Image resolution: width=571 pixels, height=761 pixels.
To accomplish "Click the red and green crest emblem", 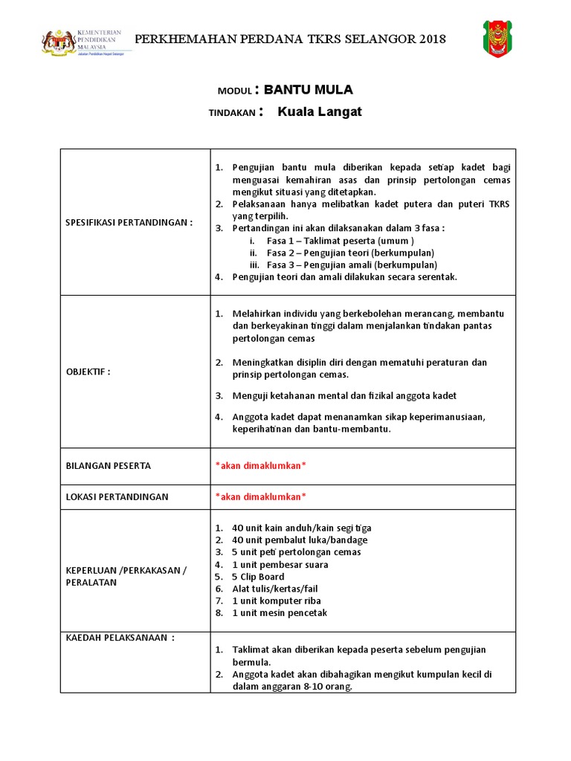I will click(497, 38).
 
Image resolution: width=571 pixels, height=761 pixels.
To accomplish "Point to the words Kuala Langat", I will click(320, 112).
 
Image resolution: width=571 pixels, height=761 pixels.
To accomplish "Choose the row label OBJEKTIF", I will click(88, 372).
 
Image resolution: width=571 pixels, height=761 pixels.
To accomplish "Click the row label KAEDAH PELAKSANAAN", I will click(120, 638).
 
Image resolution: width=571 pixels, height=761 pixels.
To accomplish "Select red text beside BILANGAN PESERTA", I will click(260, 466).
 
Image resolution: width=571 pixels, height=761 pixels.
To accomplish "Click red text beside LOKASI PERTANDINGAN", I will click(260, 496).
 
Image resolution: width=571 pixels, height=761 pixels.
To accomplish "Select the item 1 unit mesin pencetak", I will click(280, 612).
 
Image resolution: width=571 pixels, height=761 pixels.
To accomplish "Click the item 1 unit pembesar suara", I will click(280, 565).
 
